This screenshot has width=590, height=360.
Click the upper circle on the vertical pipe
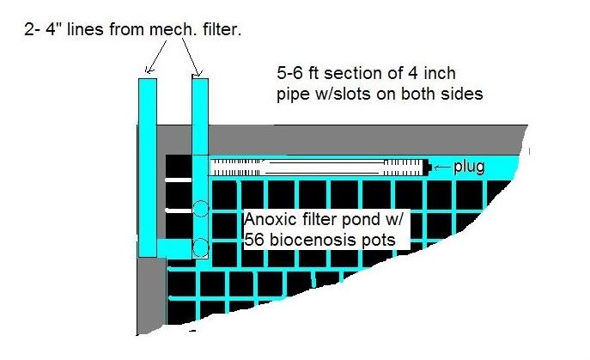pos(199,209)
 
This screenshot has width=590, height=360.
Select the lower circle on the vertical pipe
pos(199,248)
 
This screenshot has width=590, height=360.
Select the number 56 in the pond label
pos(256,241)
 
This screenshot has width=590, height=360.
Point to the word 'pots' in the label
pos(378,241)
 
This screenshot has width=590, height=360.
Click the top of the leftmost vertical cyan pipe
pos(147,82)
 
